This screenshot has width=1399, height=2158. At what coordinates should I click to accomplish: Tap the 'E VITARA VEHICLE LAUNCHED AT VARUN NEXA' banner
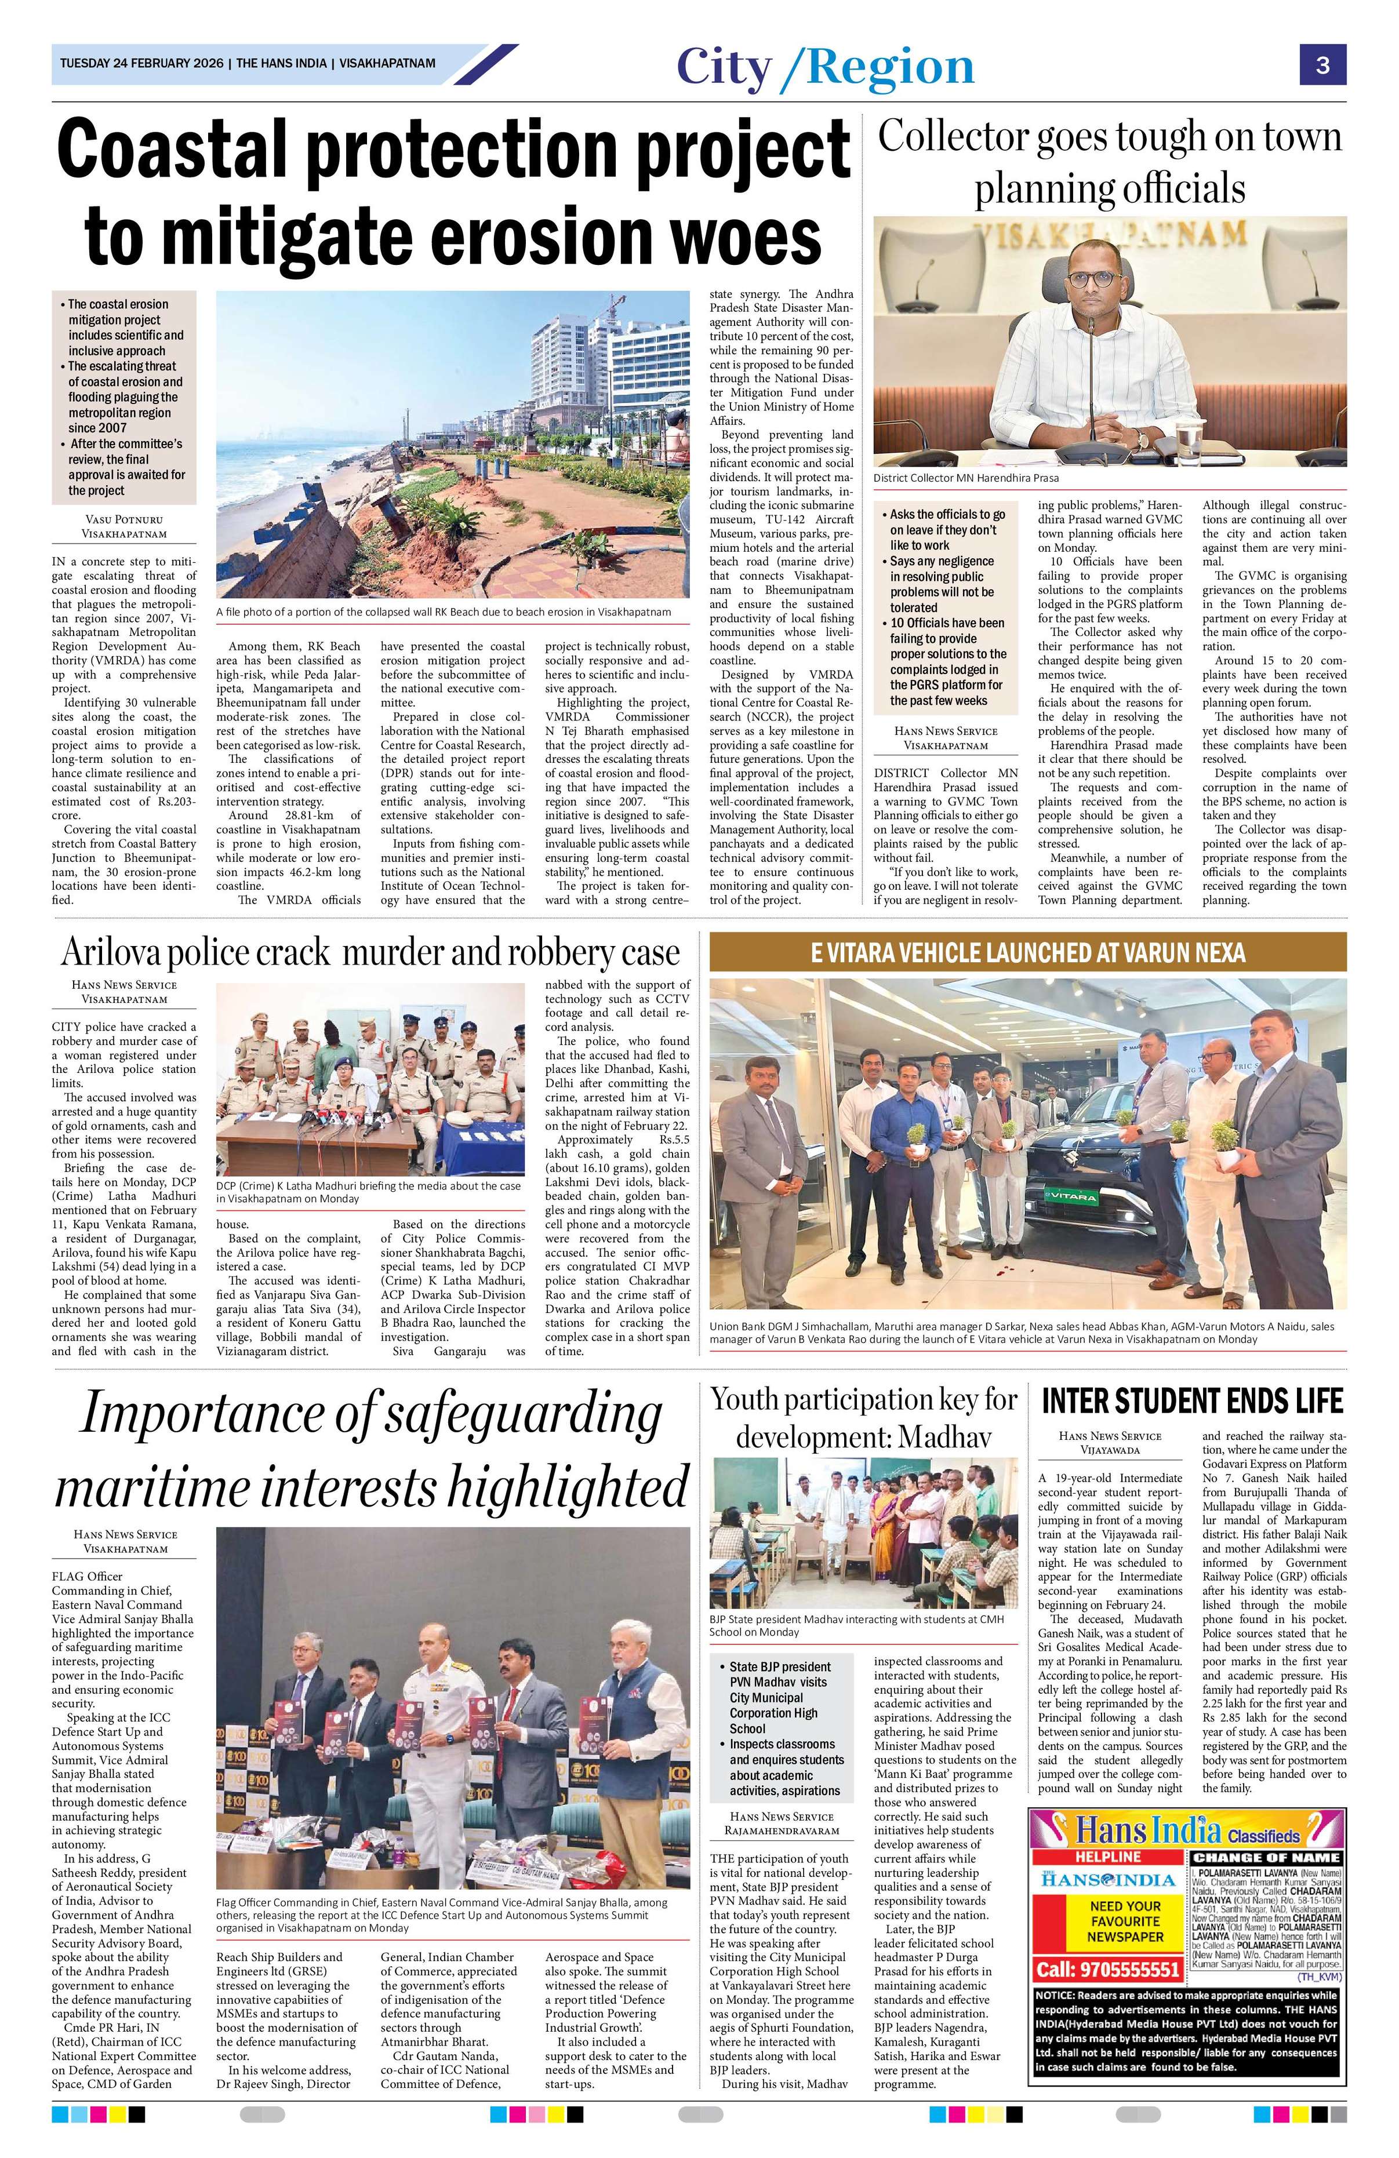(1027, 952)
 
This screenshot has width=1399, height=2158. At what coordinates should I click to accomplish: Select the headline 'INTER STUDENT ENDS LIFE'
(1191, 1401)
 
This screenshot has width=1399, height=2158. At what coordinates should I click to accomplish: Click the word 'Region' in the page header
(889, 67)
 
